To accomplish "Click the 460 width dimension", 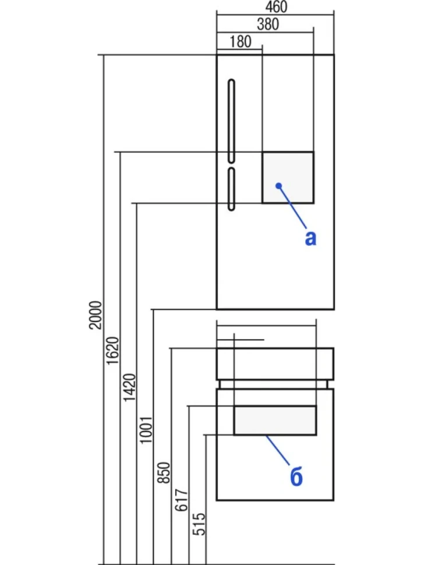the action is (x=276, y=6).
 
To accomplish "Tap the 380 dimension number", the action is (x=268, y=24).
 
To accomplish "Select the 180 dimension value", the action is (x=241, y=42).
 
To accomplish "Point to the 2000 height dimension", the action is (x=96, y=315).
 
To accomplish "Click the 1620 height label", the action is (x=112, y=351).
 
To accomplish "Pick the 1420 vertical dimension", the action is (x=129, y=387).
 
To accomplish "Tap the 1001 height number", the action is (x=146, y=429).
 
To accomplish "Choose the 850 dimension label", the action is (x=164, y=472).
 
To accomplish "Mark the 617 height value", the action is (x=181, y=500).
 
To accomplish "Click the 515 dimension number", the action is (x=199, y=524).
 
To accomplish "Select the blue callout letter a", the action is (x=310, y=239).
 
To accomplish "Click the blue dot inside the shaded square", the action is (x=278, y=186).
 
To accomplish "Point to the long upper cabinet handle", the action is (x=232, y=121).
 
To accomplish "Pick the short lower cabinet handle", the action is (x=232, y=189).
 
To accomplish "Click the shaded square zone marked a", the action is (x=288, y=178).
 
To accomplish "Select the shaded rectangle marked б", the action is (x=275, y=421).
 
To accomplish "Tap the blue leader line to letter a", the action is (x=292, y=207).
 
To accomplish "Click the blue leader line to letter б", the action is (x=277, y=450).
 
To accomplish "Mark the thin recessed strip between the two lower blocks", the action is (x=275, y=384).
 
